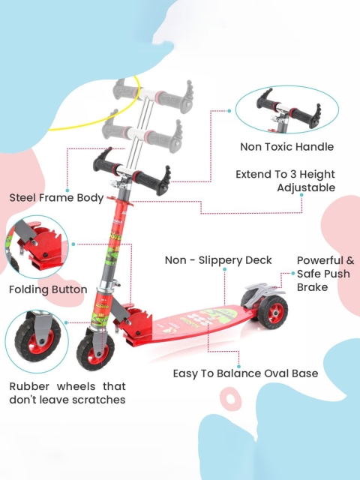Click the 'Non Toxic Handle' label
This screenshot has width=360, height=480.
tap(286, 147)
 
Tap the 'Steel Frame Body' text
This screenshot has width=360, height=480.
tap(57, 198)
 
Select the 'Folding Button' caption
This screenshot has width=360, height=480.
tap(48, 289)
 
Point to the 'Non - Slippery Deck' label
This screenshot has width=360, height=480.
tap(218, 260)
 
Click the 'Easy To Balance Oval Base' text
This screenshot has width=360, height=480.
tap(245, 373)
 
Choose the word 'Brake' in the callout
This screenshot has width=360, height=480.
tap(312, 287)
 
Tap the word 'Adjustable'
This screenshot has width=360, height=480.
tap(306, 187)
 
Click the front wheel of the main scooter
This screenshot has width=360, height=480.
tap(95, 352)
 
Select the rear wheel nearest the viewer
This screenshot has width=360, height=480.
tap(272, 313)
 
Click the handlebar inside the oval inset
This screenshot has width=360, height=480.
tap(288, 110)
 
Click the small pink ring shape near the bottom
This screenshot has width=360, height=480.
tap(230, 399)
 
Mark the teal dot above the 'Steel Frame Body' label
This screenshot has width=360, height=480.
tap(67, 190)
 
